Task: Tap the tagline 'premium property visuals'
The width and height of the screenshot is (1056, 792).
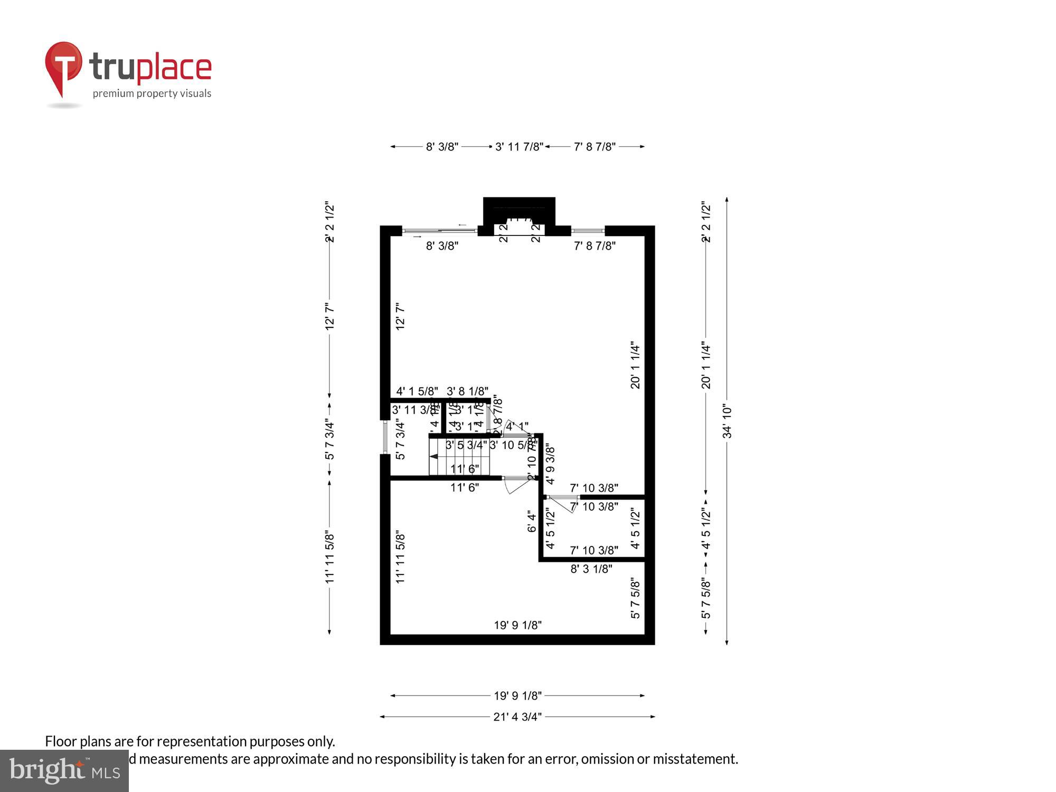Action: pos(152,94)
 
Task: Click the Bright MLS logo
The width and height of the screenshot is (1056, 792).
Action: pos(64,770)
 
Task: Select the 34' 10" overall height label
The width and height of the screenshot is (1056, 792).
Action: pos(727,421)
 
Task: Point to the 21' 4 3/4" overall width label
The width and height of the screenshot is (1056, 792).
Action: pos(517,716)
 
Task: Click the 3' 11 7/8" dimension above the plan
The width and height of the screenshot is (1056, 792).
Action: pos(519,147)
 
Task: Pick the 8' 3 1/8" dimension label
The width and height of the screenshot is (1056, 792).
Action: pos(591,569)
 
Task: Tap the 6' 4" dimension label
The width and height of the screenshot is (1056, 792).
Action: pos(532,521)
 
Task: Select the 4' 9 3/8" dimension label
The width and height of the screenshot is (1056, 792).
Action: pos(550,465)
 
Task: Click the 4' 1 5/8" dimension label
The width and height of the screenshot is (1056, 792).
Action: pos(417,391)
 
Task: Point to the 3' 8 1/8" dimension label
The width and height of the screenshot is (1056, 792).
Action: pos(467,391)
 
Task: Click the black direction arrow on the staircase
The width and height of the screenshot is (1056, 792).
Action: pos(434,456)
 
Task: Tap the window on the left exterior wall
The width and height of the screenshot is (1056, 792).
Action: pos(385,437)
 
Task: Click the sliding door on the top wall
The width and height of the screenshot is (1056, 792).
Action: pos(439,230)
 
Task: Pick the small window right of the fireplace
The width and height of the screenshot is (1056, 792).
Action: pos(588,231)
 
